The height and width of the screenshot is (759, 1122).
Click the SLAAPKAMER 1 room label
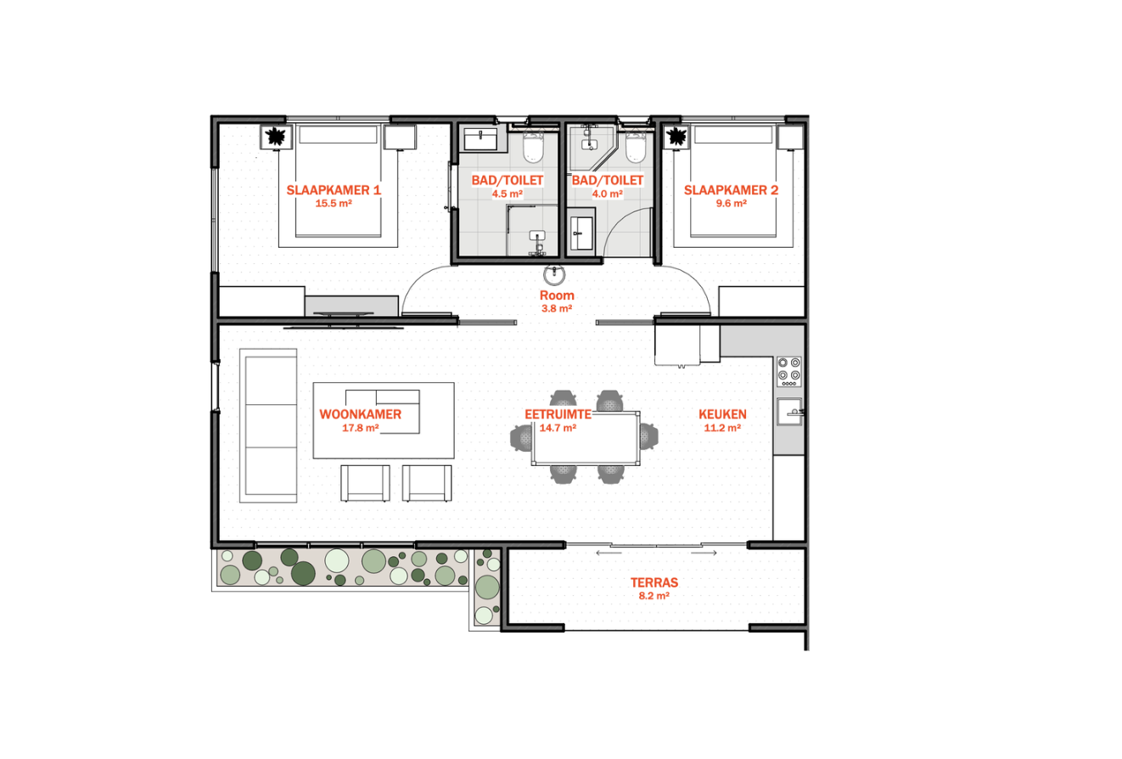click(x=334, y=190)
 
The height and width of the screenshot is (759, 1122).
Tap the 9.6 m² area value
click(x=732, y=204)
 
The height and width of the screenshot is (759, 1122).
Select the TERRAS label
click(x=654, y=582)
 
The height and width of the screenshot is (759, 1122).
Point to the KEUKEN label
click(x=722, y=414)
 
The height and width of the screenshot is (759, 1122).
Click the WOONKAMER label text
click(x=360, y=414)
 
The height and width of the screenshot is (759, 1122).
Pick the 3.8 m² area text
click(x=557, y=309)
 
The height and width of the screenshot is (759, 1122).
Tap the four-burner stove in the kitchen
click(x=789, y=371)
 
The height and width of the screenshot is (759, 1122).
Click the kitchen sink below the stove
click(x=789, y=412)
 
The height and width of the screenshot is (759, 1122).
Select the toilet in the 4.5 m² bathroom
click(x=534, y=146)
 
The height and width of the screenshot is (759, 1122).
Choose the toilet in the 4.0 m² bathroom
click(x=636, y=146)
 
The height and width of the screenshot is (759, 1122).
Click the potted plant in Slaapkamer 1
click(x=276, y=137)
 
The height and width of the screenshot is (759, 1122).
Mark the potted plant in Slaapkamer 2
click(x=676, y=136)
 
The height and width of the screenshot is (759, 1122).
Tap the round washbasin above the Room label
click(x=554, y=274)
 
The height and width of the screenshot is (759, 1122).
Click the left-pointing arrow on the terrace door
click(x=609, y=553)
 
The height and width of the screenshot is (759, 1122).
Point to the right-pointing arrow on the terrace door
click(x=704, y=553)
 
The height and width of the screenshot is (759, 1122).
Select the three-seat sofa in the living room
click(x=268, y=426)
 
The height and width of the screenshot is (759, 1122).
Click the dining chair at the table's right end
click(x=648, y=436)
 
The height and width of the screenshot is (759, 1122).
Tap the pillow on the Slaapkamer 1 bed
click(x=338, y=135)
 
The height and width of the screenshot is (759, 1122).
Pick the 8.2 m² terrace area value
click(x=654, y=596)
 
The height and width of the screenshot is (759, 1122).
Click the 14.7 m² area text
click(x=558, y=428)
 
